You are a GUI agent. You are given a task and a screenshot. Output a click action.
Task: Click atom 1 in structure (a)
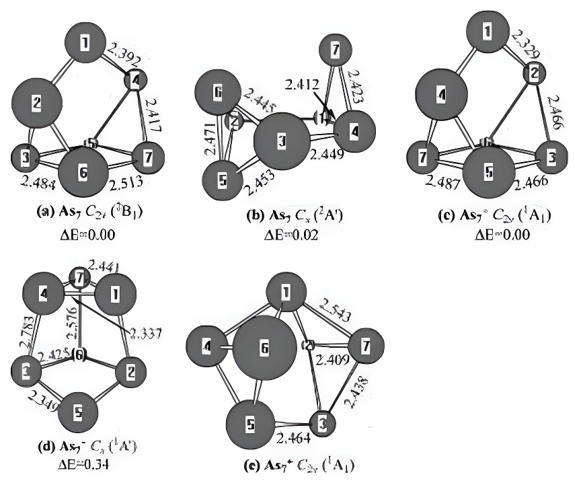84,44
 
